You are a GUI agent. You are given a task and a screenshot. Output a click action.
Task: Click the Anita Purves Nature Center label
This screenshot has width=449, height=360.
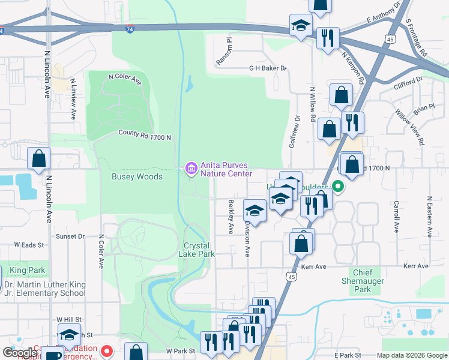pos(226,169)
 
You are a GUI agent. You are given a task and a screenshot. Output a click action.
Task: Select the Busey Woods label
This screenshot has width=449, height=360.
pos(137,177)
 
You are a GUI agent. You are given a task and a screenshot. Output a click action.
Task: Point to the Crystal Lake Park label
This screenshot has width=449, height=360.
pos(199,250)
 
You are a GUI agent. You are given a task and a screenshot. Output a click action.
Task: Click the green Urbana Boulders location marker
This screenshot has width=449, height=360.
pos(337,187)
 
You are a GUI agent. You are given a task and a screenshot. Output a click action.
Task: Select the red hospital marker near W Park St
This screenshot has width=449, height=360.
pos(107,350)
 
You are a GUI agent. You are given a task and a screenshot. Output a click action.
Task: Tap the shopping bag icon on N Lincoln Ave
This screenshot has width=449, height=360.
pos(38,160)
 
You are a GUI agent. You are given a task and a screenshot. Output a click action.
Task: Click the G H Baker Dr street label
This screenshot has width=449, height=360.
pos(268,68)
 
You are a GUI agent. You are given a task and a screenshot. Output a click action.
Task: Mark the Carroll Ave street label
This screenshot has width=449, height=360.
pos(396,217)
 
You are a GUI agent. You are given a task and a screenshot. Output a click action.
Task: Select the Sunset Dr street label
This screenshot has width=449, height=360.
pos(70,236)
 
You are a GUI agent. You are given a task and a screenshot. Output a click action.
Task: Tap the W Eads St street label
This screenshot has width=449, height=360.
pos(29,245)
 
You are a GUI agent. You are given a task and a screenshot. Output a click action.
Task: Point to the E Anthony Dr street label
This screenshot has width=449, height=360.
pos(383,13)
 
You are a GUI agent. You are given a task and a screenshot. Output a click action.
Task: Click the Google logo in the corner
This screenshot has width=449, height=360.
pos(20,353)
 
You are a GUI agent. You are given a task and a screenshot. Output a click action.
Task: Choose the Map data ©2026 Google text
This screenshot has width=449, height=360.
pos(412,355)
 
